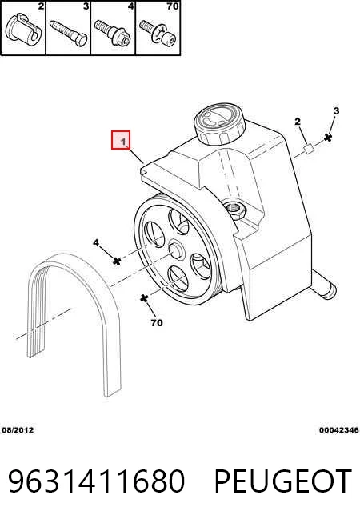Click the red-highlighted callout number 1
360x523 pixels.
(121, 140)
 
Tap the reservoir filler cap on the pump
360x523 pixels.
(219, 123)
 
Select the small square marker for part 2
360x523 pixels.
(308, 149)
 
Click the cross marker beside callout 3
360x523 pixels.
(328, 137)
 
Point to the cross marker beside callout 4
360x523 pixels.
(117, 261)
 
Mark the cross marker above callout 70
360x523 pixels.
(144, 297)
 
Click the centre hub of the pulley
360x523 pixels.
(176, 250)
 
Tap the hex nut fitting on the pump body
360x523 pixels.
(236, 210)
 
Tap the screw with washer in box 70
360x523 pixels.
(158, 32)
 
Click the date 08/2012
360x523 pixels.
(18, 430)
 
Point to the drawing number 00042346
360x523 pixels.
(338, 430)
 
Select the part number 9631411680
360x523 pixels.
(96, 481)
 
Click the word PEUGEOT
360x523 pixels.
(283, 481)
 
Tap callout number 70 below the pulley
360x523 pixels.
(157, 322)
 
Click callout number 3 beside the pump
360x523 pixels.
(336, 110)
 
